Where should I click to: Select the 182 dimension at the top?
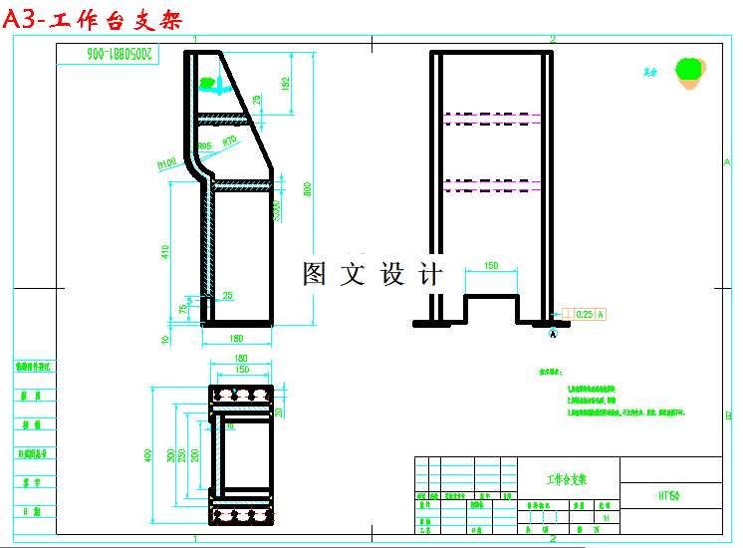coord(287,86)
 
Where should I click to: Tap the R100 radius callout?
coord(165,161)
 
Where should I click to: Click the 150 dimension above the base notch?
coord(491,266)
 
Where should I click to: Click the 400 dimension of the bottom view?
coord(149,454)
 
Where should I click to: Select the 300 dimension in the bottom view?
coord(171,454)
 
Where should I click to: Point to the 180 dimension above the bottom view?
coord(240,359)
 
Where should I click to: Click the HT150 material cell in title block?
coord(668,494)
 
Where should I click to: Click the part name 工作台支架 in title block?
coord(567,479)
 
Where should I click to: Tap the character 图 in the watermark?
coord(315,275)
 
